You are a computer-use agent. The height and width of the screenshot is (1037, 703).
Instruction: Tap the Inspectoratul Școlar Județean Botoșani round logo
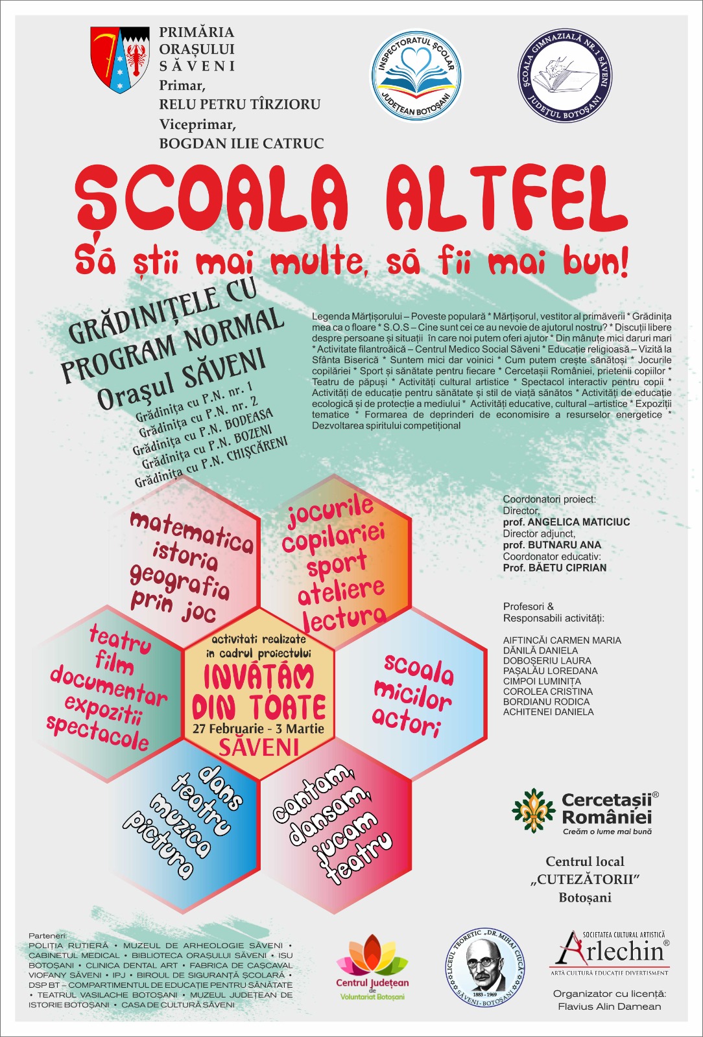click(x=416, y=76)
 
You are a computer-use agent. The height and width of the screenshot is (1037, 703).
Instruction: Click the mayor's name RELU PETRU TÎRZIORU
click(x=240, y=104)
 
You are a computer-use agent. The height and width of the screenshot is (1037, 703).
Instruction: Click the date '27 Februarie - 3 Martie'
click(x=258, y=728)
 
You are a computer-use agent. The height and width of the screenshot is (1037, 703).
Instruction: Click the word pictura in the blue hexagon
click(x=160, y=843)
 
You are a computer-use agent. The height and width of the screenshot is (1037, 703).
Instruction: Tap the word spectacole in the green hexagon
click(x=97, y=733)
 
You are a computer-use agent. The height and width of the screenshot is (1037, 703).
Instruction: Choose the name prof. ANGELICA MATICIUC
click(x=566, y=522)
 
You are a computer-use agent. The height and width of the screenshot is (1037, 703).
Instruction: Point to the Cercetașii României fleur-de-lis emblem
click(x=534, y=810)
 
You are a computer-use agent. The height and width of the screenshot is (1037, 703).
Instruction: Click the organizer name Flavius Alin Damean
click(x=609, y=1007)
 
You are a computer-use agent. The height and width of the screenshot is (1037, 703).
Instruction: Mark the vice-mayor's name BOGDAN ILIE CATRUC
click(x=241, y=143)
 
